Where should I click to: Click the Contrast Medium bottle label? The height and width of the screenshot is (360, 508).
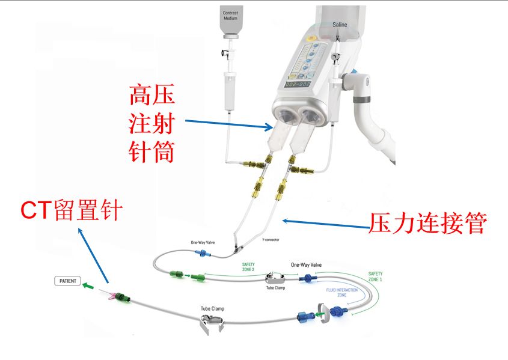(x=230, y=15)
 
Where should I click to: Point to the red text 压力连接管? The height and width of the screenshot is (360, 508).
(x=427, y=225)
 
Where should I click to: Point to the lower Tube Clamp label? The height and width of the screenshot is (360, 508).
(x=213, y=310)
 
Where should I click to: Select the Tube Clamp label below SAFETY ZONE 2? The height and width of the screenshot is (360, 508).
(x=275, y=288)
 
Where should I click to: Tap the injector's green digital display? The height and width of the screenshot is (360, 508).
(x=297, y=84)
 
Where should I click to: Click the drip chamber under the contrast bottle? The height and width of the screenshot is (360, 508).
(x=228, y=90)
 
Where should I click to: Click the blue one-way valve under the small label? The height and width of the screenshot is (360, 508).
(x=201, y=254)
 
